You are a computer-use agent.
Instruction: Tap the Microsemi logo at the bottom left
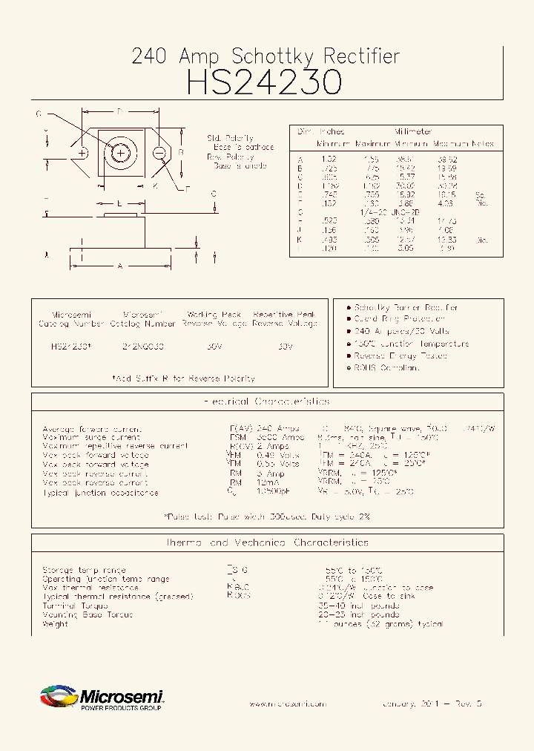click(101, 698)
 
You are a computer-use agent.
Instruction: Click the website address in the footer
click(286, 704)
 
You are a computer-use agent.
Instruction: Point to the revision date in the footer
click(432, 704)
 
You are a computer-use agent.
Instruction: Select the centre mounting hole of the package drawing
click(120, 153)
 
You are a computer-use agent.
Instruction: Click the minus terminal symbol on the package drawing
click(159, 153)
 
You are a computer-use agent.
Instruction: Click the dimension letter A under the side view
click(119, 266)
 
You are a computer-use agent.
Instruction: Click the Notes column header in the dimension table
click(482, 143)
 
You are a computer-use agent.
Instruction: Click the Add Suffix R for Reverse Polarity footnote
click(183, 378)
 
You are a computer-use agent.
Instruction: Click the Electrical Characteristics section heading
click(266, 401)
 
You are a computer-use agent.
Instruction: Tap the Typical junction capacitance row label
click(100, 493)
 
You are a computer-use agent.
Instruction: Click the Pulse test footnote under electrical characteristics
click(266, 516)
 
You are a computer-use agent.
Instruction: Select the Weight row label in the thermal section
click(56, 624)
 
